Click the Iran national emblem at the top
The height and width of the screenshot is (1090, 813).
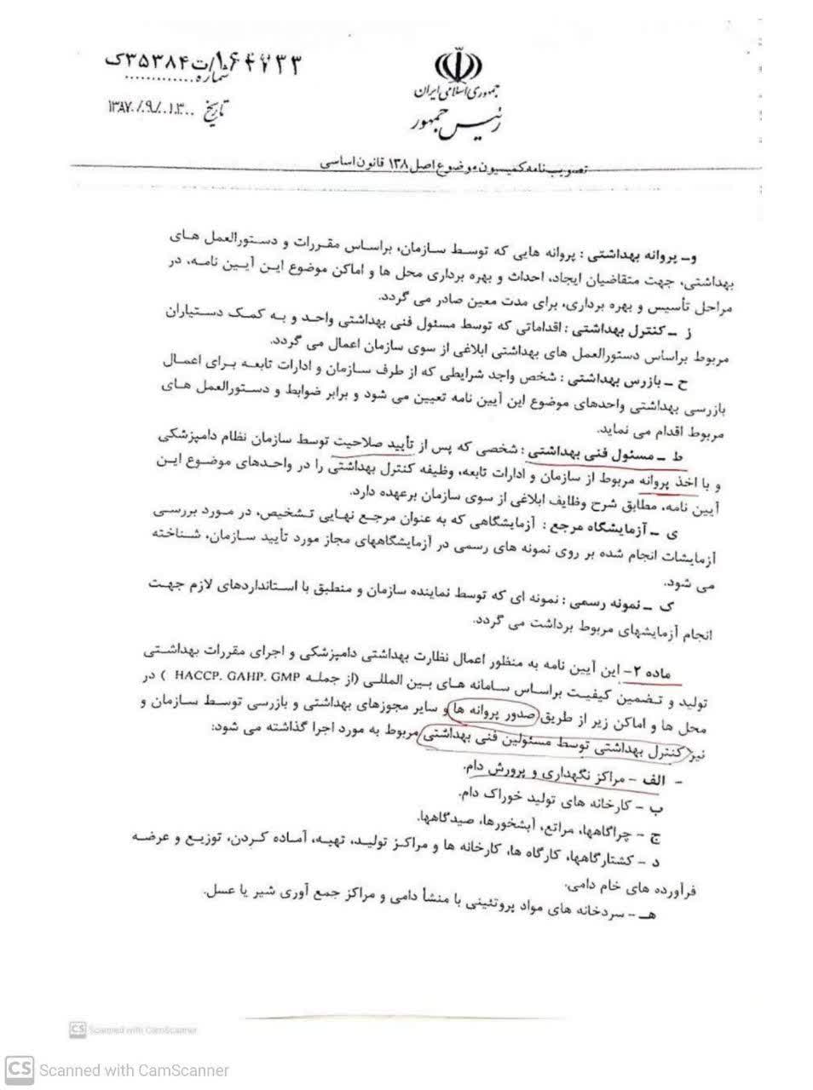453,66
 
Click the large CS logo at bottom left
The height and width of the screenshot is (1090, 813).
20,1070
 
